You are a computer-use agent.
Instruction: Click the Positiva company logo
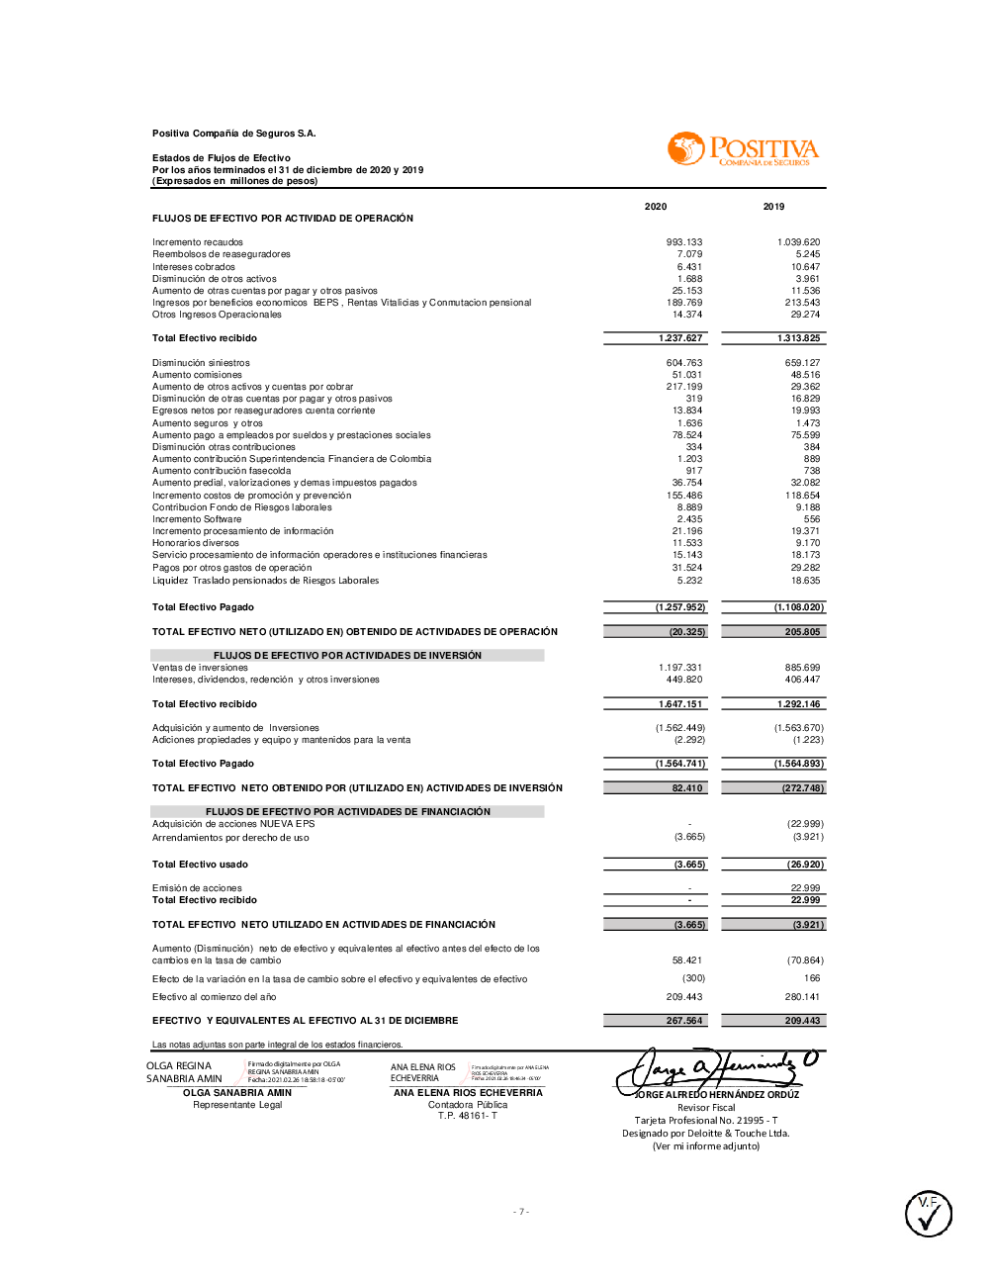[744, 149]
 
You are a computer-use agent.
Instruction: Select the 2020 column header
[656, 207]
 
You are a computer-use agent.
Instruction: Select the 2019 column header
[773, 207]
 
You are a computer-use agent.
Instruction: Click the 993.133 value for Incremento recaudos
[684, 242]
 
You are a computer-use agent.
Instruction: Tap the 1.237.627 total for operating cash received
[680, 338]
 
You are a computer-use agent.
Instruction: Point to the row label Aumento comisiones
[197, 375]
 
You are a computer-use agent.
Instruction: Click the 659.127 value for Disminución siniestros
[802, 363]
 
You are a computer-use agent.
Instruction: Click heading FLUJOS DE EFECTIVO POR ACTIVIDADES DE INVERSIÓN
[347, 656]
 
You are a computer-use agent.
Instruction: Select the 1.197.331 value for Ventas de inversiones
[680, 668]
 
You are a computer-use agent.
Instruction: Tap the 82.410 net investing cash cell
[686, 788]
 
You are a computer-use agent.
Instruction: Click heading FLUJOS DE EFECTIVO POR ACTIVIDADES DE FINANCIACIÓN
[347, 812]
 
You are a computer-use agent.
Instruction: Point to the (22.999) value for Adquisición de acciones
[805, 824]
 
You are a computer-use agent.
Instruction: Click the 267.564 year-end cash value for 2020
[684, 1021]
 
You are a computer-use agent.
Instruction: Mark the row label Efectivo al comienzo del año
[214, 997]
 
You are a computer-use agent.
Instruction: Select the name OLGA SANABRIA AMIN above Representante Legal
[237, 1093]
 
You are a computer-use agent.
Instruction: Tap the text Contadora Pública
[467, 1105]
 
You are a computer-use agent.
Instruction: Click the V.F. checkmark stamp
[929, 1214]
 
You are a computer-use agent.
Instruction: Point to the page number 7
[521, 1212]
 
